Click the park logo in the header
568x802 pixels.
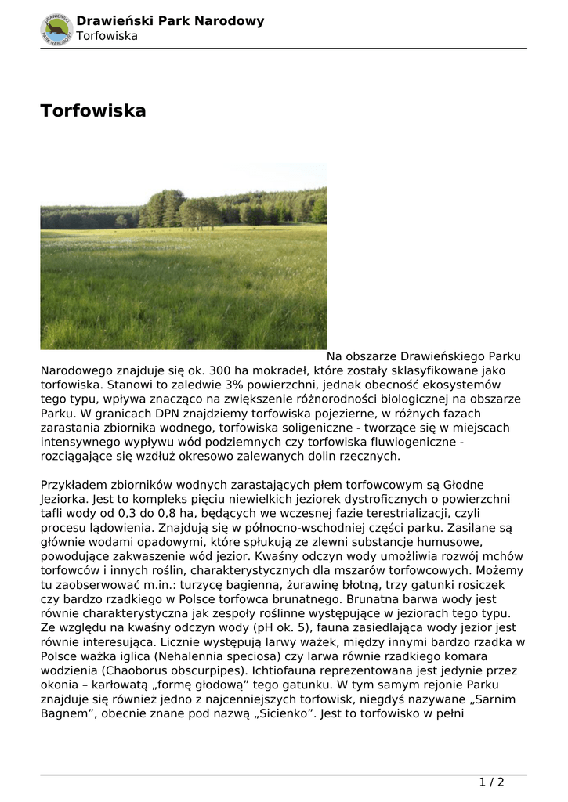pos(56,28)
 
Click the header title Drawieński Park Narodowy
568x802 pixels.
pos(170,21)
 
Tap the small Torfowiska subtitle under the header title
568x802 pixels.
pos(112,36)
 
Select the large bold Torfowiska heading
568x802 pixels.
pos(93,111)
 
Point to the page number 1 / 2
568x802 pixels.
pos(491,782)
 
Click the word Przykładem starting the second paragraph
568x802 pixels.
pos(78,485)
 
